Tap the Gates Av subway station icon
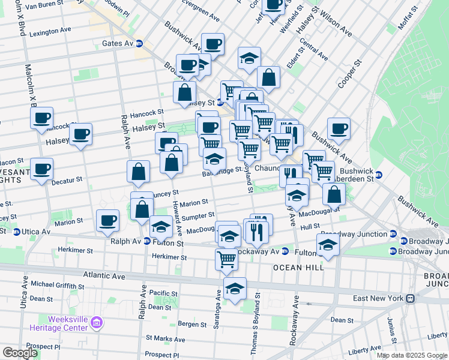(139, 43)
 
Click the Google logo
(20, 352)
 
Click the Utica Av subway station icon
(17, 232)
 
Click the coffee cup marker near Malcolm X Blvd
(41, 118)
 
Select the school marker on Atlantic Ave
(235, 289)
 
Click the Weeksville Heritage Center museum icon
(96, 325)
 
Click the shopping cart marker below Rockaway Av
(226, 259)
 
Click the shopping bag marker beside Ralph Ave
(139, 172)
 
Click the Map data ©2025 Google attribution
(412, 355)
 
